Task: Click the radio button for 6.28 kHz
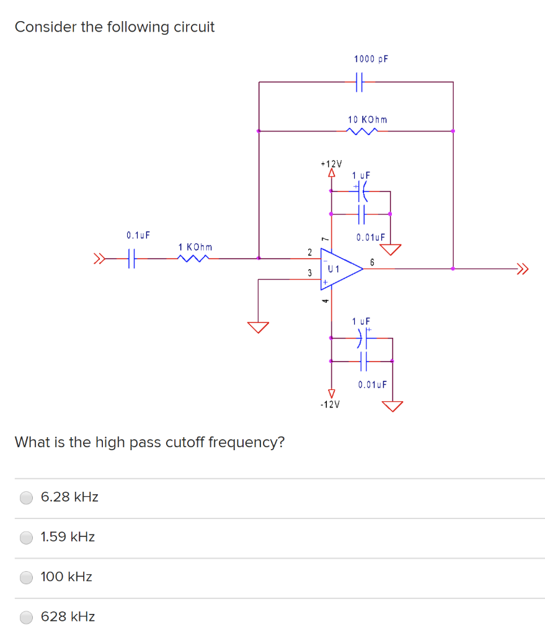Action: [27, 497]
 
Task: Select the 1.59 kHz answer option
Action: [27, 537]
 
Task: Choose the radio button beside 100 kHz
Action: [27, 577]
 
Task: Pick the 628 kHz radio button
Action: [27, 617]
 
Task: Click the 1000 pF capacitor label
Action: [371, 59]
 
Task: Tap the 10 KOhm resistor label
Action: [368, 118]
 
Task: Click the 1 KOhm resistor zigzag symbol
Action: [195, 257]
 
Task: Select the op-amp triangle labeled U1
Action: [339, 269]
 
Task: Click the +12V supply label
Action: [331, 164]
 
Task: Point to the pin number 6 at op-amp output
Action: [372, 262]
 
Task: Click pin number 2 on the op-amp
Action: [309, 251]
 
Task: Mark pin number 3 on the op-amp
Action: [309, 273]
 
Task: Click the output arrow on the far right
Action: [524, 269]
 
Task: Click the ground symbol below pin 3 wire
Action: [259, 327]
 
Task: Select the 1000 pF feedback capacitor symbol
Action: [359, 81]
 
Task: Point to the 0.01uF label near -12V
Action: [372, 384]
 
